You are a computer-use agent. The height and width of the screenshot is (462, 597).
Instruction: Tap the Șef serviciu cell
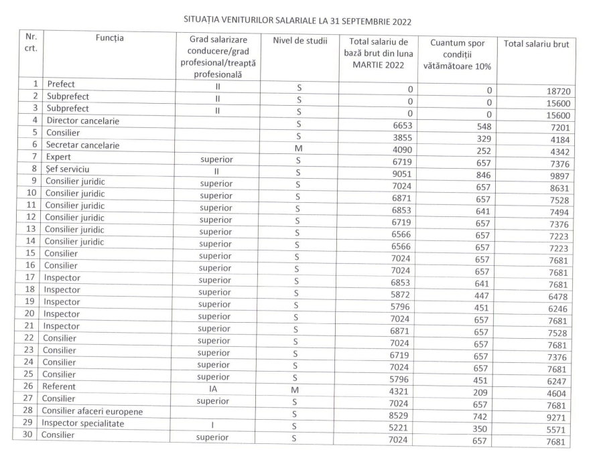(67, 169)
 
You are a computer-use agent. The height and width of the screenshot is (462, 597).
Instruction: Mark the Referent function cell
(62, 386)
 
